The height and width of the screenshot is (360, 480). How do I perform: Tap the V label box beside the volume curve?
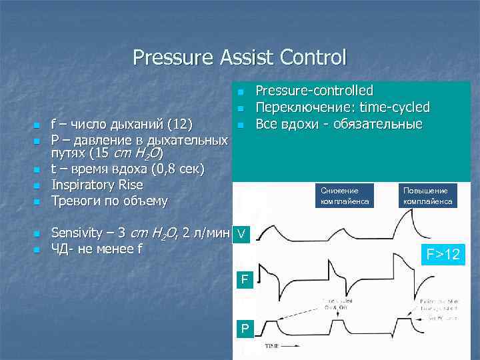[x=241, y=235]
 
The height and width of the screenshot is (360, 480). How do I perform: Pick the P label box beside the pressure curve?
[x=245, y=328]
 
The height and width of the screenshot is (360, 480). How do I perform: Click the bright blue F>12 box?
[x=443, y=254]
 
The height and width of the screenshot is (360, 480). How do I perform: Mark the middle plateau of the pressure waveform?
[x=353, y=325]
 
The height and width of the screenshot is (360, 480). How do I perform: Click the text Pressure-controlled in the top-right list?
[x=315, y=91]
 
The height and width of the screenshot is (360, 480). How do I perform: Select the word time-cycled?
[x=395, y=107]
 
